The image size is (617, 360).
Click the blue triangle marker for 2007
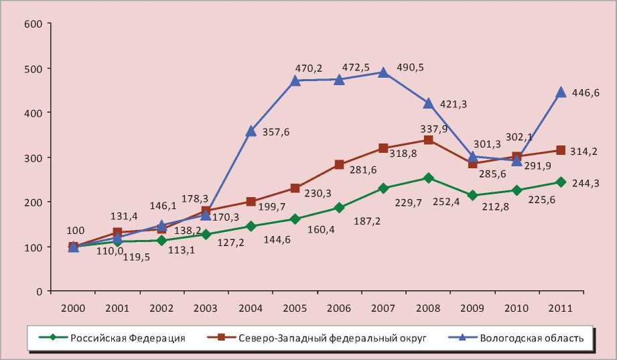click(383, 72)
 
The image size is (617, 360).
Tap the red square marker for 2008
click(427, 140)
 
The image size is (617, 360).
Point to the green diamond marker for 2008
click(427, 178)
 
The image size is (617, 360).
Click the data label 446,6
click(586, 93)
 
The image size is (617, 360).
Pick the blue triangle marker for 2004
click(251, 131)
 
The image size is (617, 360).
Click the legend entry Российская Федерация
click(128, 338)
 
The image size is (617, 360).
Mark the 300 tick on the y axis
click(33, 158)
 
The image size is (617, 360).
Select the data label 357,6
click(276, 132)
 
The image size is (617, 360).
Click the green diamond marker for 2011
click(561, 182)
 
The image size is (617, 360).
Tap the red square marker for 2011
click(561, 151)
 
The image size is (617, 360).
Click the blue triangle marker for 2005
click(295, 81)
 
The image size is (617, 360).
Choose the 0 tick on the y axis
click(40, 291)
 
